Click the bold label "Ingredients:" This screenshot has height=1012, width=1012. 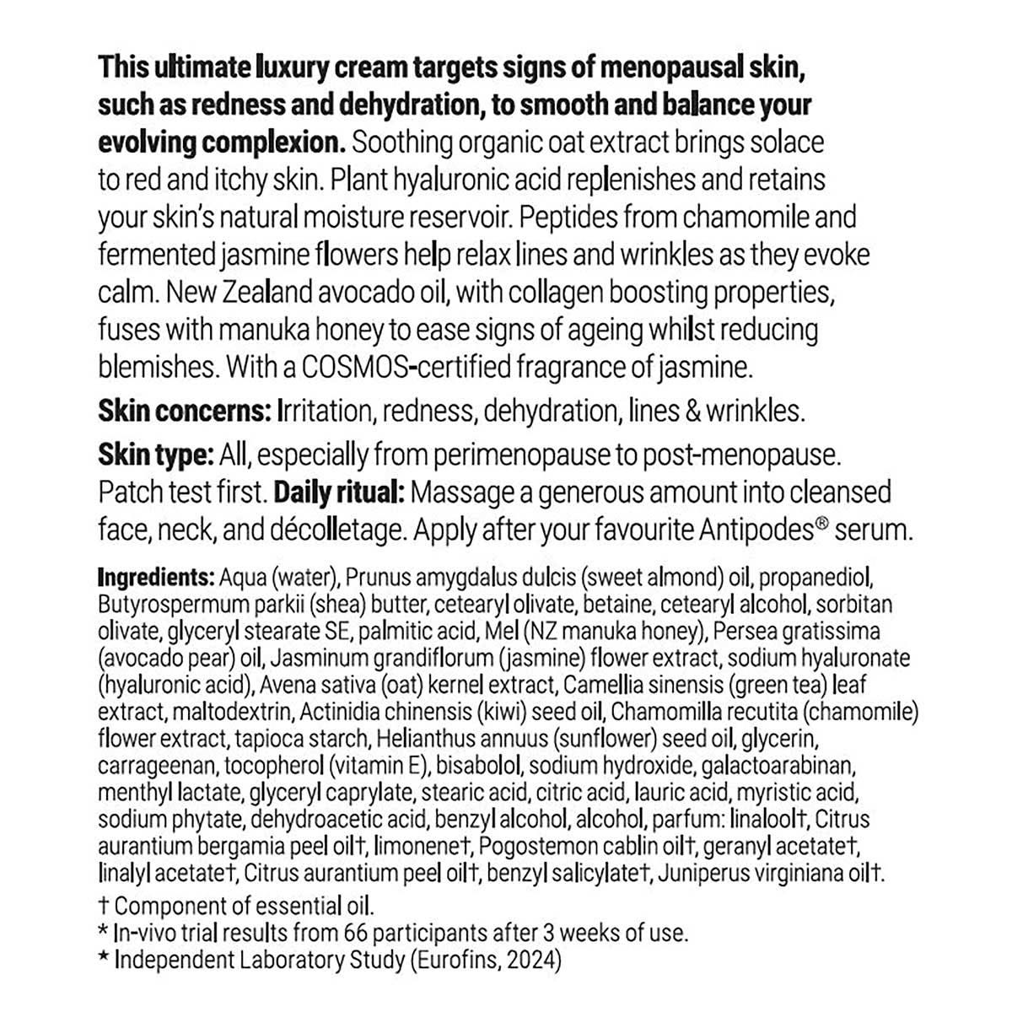click(x=156, y=579)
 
